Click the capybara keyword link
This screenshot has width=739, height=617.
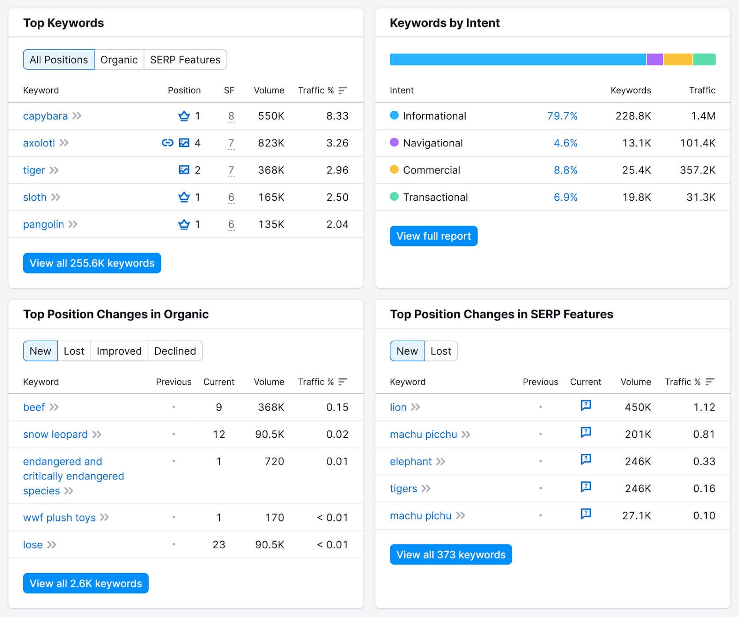coord(45,116)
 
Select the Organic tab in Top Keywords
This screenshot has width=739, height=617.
coord(119,60)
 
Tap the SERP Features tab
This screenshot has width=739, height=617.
coord(185,60)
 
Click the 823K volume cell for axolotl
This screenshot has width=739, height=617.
coord(271,143)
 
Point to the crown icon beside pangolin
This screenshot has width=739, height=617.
coord(184,224)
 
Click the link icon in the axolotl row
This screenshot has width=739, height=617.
coord(168,143)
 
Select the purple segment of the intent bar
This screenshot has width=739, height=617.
coord(654,60)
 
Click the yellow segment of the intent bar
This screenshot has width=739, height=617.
coord(678,60)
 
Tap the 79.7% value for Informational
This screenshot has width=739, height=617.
coord(562,116)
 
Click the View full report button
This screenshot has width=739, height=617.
coord(433,236)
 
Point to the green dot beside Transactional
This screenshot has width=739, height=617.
coord(394,197)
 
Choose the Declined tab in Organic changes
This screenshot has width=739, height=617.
coord(175,351)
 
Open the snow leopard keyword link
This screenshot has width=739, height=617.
coord(55,435)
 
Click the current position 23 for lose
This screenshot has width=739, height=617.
coord(219,545)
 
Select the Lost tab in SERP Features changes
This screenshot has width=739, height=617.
coord(441,351)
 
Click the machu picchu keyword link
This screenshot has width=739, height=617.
coord(423,435)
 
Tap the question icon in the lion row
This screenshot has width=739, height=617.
coord(586,405)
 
